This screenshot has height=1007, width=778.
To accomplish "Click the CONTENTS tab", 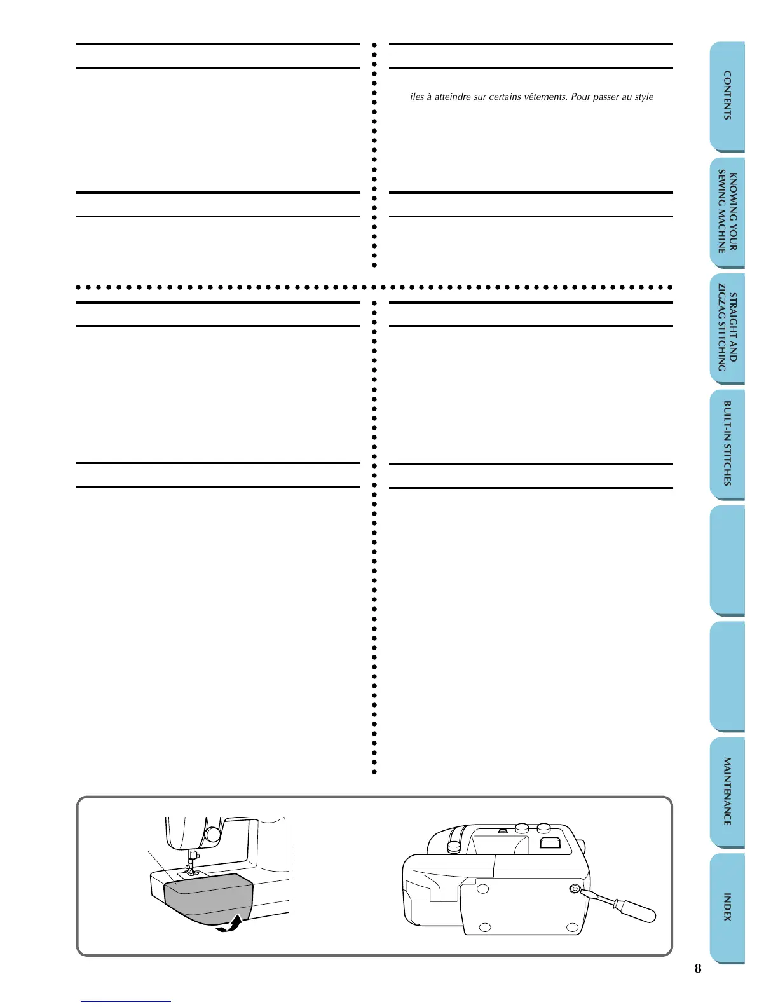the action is click(727, 95).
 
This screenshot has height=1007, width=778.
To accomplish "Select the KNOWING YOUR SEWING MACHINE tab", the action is click(727, 212).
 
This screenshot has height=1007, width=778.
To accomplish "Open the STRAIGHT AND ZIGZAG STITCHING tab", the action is click(727, 329).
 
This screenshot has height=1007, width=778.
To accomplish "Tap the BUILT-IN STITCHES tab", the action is click(727, 443).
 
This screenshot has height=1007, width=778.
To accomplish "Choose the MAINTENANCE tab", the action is click(727, 791).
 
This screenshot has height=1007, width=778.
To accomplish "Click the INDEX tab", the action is click(727, 907).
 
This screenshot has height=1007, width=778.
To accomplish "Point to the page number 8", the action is click(698, 969).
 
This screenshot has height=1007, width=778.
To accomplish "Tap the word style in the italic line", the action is click(644, 97).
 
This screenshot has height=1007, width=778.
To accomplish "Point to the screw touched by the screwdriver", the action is click(575, 889).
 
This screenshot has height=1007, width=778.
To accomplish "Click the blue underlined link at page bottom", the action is click(126, 1001).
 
